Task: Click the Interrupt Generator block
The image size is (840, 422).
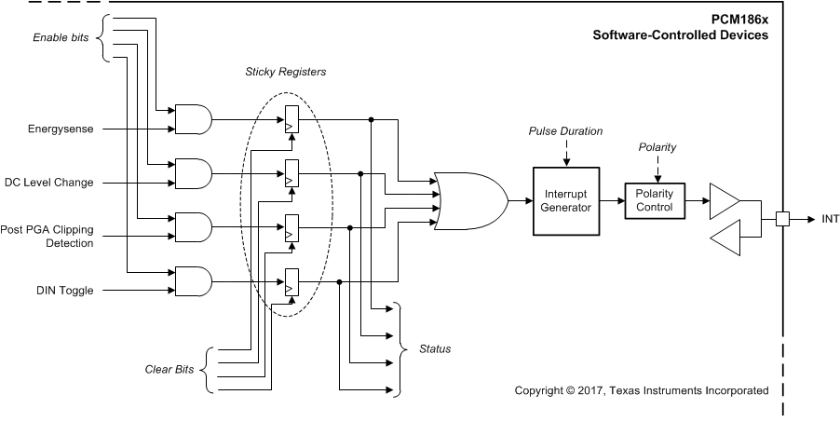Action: click(565, 200)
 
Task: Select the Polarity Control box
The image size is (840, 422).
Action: click(655, 200)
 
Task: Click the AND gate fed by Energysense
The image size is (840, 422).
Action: click(194, 119)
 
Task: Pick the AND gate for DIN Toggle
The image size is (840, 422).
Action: click(194, 281)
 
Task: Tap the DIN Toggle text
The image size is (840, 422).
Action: click(65, 291)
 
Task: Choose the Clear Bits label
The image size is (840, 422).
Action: click(170, 370)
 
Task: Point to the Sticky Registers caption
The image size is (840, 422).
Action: click(287, 72)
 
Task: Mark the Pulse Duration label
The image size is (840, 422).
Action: click(565, 131)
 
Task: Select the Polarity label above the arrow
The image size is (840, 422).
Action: click(657, 147)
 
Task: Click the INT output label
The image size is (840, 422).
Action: click(831, 220)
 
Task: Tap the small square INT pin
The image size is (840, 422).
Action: click(783, 220)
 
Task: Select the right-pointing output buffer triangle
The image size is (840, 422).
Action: click(724, 199)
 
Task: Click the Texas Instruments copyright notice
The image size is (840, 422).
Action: click(642, 390)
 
